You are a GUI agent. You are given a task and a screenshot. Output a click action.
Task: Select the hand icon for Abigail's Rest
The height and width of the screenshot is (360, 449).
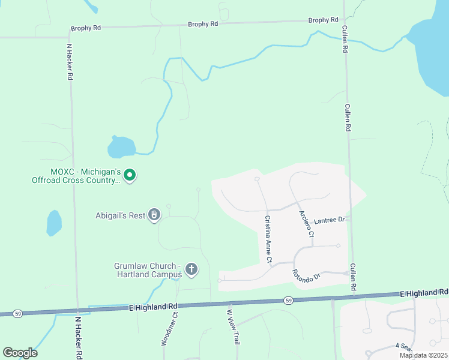point(155,215)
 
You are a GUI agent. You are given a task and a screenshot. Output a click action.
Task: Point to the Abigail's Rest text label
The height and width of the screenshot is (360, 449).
point(120,215)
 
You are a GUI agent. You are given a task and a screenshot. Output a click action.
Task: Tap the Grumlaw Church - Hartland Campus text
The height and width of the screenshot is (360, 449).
point(148,270)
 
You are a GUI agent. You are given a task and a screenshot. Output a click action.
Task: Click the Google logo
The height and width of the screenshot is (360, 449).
point(20,353)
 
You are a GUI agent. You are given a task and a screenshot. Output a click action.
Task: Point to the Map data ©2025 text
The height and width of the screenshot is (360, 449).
point(422,355)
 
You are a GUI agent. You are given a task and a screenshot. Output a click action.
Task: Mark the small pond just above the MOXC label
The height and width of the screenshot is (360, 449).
point(121,146)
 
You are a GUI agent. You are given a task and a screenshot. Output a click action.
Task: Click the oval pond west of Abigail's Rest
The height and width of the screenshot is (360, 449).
point(54,223)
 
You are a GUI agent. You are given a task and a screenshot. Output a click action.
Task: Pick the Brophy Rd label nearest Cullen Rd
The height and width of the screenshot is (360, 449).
point(323,20)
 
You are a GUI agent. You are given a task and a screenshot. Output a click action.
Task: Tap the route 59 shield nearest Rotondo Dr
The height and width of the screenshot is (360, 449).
point(289,300)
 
